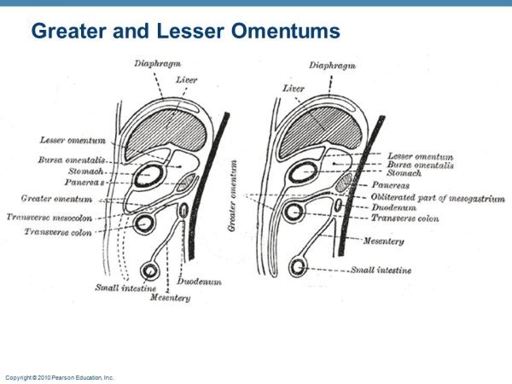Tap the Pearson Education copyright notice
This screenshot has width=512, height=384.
click(x=60, y=376)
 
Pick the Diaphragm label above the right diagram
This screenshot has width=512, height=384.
click(x=331, y=64)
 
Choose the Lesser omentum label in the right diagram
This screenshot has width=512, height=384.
click(x=420, y=156)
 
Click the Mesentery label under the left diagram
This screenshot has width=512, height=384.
click(x=170, y=298)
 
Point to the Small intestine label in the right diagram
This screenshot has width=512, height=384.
click(x=381, y=270)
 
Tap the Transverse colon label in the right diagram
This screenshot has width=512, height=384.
click(x=404, y=218)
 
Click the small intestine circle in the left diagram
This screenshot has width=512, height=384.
click(x=150, y=271)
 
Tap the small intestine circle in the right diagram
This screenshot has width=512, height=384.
click(x=298, y=268)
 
